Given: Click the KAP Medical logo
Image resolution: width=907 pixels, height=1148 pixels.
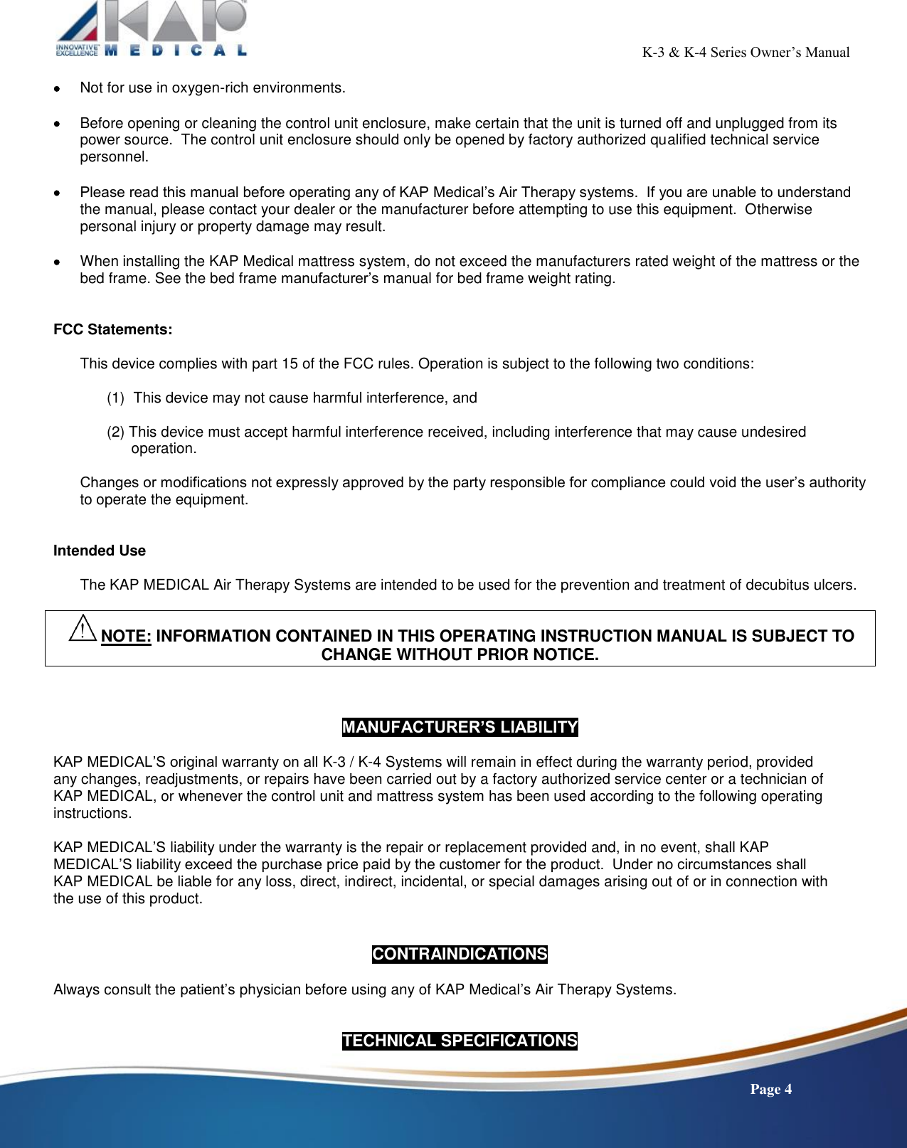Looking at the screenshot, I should pyautogui.click(x=152, y=28).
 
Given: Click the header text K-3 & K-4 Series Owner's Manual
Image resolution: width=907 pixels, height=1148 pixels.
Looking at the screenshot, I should pyautogui.click(x=746, y=52).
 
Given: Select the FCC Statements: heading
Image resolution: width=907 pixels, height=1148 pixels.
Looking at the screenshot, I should pyautogui.click(x=112, y=329).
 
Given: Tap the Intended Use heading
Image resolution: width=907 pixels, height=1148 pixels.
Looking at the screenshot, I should pyautogui.click(x=100, y=551).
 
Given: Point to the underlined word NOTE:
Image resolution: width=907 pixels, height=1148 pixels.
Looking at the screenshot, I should pyautogui.click(x=126, y=636).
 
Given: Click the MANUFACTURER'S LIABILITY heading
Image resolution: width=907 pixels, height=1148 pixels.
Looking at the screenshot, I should pyautogui.click(x=460, y=727).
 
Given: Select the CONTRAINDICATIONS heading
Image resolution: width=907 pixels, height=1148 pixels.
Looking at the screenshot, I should pyautogui.click(x=460, y=954).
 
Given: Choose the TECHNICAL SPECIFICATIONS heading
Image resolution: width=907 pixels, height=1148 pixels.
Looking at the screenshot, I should pyautogui.click(x=460, y=1041).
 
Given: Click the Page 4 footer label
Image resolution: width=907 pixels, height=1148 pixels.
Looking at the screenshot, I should pyautogui.click(x=770, y=1089).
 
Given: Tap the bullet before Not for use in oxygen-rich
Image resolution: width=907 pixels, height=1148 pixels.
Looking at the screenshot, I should pyautogui.click(x=57, y=89).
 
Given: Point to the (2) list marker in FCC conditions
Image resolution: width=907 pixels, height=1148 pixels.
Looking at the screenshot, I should pyautogui.click(x=116, y=432).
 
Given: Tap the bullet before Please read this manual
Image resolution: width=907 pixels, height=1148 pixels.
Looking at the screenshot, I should pyautogui.click(x=57, y=193).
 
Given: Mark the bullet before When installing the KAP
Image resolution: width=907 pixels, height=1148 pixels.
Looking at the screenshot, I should pyautogui.click(x=57, y=262).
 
